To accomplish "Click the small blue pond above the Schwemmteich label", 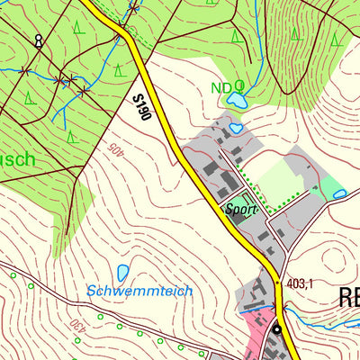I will [122, 273].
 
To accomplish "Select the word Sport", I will [241, 209].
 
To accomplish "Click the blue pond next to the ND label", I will [238, 97].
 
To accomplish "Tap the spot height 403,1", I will [299, 284].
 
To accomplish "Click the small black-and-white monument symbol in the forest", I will [38, 40].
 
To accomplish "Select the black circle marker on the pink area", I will [277, 329].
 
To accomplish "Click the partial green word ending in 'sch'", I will [18, 160].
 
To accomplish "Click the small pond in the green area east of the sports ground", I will [339, 193].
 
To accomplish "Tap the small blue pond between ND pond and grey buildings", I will [236, 129].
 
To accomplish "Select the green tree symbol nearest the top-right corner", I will [335, 39].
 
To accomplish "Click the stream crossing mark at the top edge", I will [133, 9].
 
